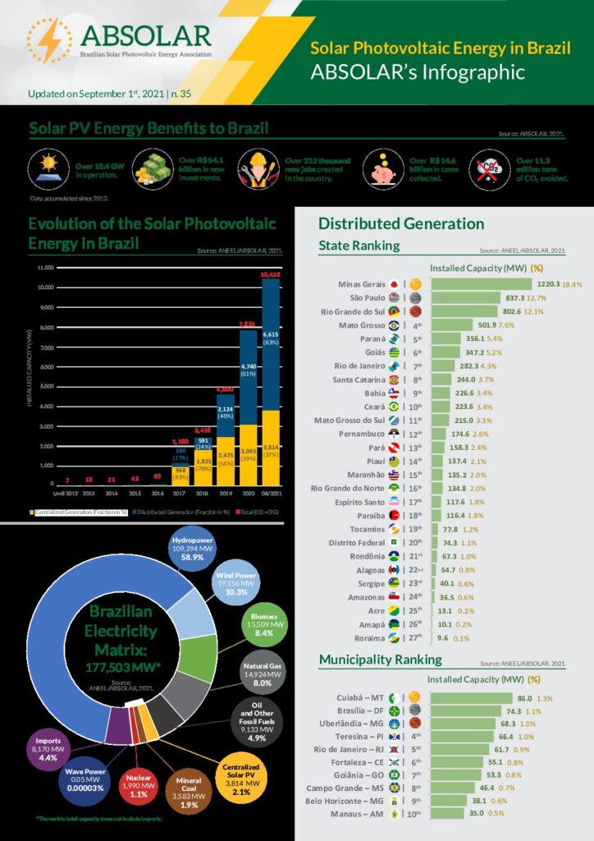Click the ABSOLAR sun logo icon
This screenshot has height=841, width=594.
(x=48, y=40)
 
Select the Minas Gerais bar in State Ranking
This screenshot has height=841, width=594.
(x=482, y=284)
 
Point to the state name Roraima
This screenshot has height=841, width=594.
(x=368, y=637)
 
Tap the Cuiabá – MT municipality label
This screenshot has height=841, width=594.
(x=357, y=697)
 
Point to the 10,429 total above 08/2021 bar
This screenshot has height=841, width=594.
(x=270, y=273)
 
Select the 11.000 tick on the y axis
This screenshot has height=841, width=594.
(x=44, y=268)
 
